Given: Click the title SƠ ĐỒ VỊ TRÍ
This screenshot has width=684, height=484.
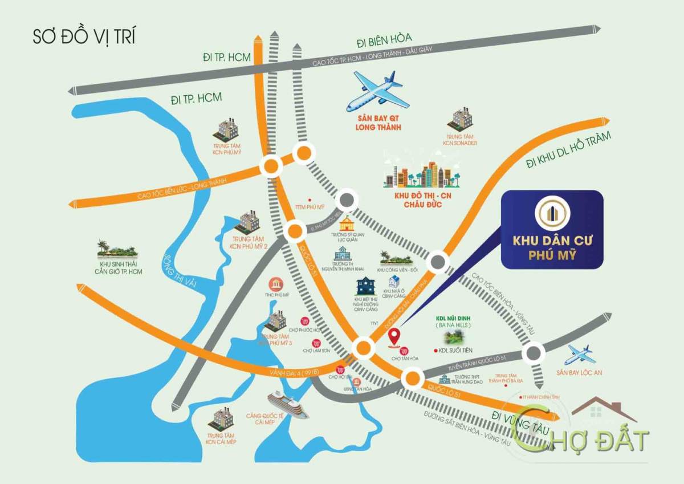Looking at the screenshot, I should point(84,37).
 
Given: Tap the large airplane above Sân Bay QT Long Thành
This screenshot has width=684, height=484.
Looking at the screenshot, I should point(377,91).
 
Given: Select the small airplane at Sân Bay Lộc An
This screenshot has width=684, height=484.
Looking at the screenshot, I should point(579,355).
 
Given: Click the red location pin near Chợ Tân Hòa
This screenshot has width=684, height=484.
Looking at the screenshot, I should point(394,338).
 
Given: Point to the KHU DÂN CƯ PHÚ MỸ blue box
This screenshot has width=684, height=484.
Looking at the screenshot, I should point(551,229).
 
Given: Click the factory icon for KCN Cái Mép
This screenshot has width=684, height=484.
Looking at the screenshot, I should point(222,418).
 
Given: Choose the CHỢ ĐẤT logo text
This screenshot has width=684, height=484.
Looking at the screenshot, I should point(593,440).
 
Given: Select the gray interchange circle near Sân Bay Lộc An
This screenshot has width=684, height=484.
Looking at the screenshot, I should point(534,352).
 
